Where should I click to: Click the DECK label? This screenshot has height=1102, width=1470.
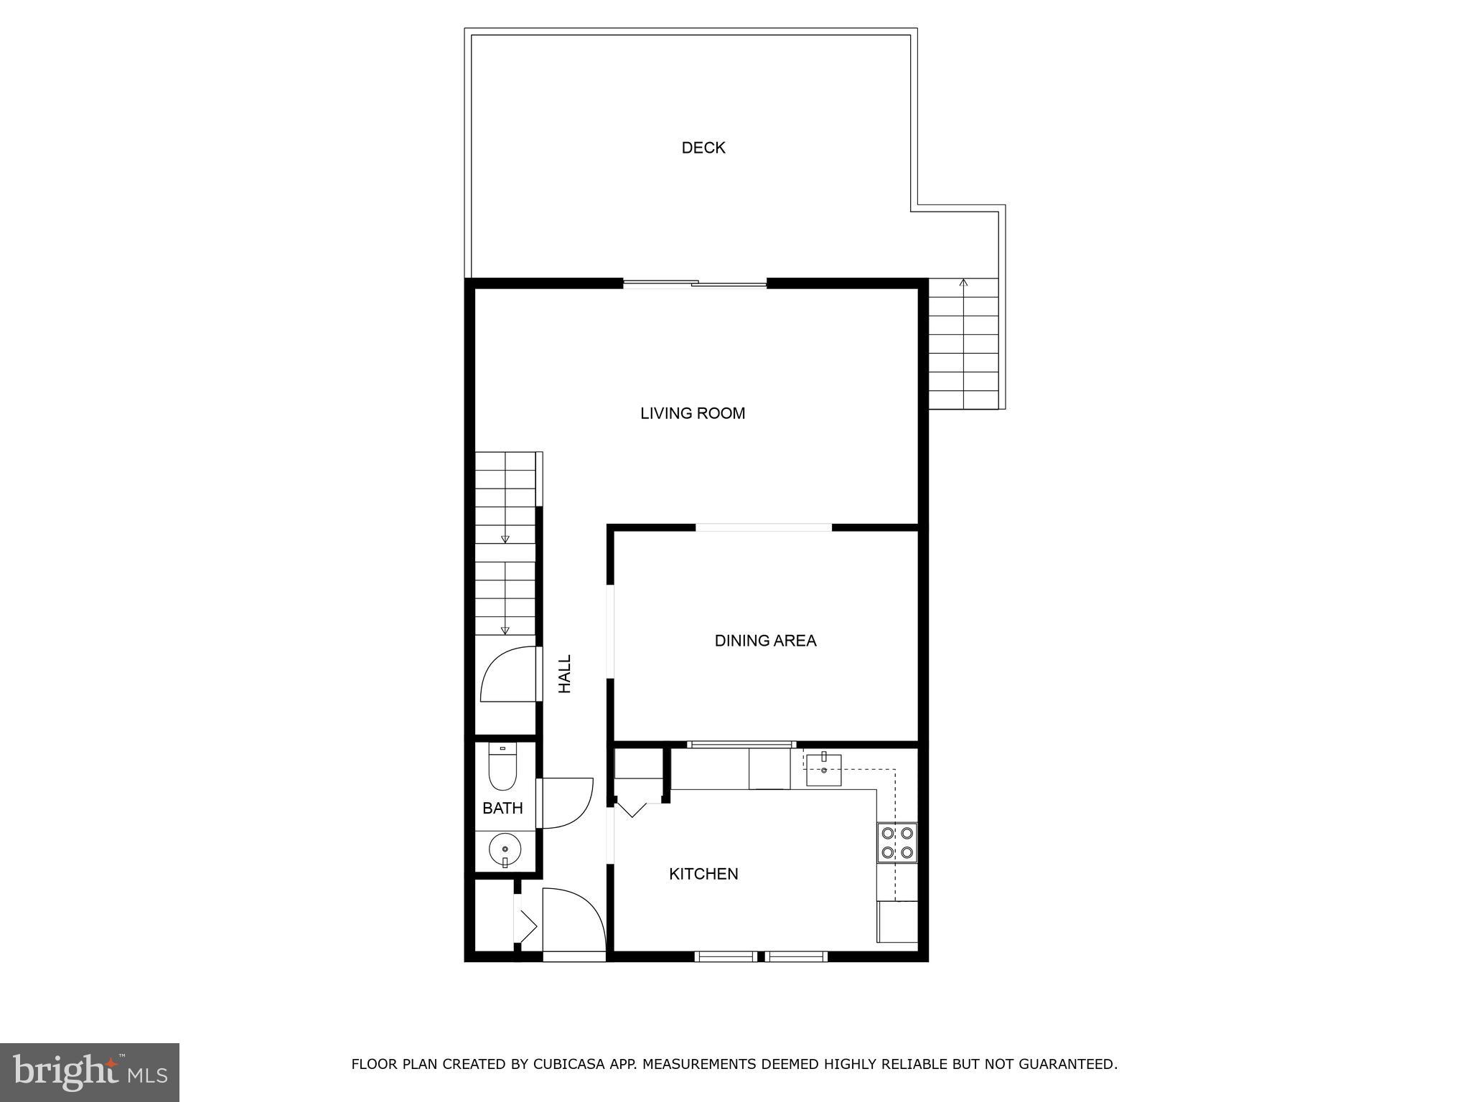(703, 148)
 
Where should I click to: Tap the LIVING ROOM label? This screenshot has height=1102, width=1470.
(693, 413)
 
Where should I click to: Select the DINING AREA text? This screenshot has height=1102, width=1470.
(765, 641)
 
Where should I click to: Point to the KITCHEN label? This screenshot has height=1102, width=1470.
(703, 874)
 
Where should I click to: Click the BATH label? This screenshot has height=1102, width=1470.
(502, 809)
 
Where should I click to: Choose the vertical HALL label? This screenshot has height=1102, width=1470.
(566, 674)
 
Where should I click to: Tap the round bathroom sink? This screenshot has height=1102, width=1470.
(505, 851)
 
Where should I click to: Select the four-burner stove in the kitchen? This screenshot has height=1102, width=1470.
(897, 843)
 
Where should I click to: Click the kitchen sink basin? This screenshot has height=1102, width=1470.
(823, 770)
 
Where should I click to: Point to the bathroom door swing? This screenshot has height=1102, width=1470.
(567, 804)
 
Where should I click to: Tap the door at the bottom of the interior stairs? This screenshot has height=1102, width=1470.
(510, 674)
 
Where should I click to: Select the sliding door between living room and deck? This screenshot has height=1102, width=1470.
(695, 284)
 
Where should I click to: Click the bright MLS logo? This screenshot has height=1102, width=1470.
(90, 1072)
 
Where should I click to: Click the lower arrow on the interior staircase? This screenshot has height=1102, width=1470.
(505, 630)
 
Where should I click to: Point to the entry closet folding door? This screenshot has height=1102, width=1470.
(526, 926)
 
